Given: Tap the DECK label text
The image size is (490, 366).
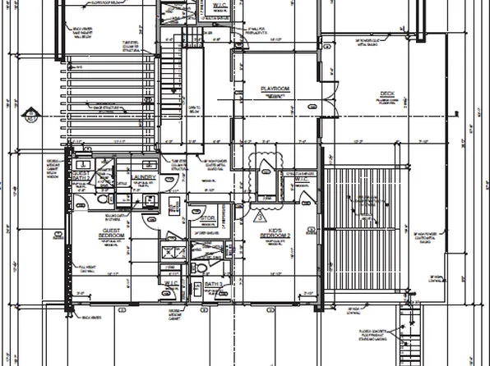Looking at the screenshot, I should (x=386, y=93).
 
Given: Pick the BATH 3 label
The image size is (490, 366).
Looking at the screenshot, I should (x=212, y=283).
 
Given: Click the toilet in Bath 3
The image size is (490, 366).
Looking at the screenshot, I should (x=196, y=289).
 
